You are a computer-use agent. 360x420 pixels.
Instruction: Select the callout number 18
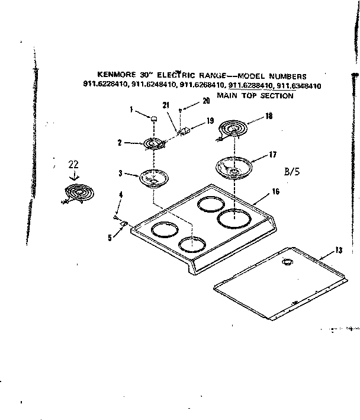[x=269, y=117]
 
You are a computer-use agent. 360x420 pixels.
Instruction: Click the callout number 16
[x=275, y=192]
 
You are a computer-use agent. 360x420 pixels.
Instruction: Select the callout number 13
[x=338, y=250]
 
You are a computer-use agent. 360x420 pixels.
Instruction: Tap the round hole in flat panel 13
[x=288, y=262]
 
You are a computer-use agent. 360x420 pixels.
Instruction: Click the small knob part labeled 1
[x=153, y=118]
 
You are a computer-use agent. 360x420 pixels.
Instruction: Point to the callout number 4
[x=120, y=195]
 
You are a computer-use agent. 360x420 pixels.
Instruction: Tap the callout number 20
[x=205, y=101]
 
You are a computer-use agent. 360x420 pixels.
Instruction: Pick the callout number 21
[x=166, y=105]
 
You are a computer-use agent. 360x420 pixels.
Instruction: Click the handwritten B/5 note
[x=293, y=173]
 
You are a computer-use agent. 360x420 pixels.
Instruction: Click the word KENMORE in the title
[x=105, y=76]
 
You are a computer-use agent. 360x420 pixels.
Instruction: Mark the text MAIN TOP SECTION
[x=255, y=95]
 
